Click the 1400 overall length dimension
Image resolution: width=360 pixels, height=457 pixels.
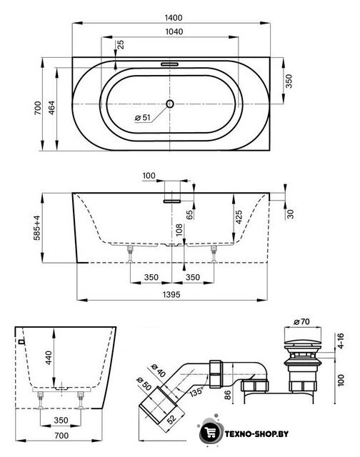174,18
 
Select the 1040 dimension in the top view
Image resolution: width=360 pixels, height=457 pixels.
174,31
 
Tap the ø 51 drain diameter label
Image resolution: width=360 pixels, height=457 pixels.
143,118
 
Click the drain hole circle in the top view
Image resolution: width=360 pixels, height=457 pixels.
170,104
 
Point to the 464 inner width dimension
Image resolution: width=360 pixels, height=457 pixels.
51,108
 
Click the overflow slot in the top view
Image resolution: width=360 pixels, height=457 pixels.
169,64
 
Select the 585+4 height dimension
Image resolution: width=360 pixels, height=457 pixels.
37,228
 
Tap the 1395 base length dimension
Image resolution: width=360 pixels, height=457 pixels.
171,294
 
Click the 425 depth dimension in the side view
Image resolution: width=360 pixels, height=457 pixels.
239,217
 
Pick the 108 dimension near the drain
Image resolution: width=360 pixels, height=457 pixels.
179,230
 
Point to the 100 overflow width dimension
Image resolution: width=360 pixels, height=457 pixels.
149,176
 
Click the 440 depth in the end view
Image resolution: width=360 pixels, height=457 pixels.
49,358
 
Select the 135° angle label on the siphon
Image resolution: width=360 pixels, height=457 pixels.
196,391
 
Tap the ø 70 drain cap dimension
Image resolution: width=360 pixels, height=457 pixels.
302,322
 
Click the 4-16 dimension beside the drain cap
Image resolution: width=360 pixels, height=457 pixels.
340,341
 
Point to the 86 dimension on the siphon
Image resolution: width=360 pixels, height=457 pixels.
228,395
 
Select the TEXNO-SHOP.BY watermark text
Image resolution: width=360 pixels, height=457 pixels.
256,434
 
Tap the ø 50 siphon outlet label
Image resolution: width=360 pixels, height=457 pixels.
144,384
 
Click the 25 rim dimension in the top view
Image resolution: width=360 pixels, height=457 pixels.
120,44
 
